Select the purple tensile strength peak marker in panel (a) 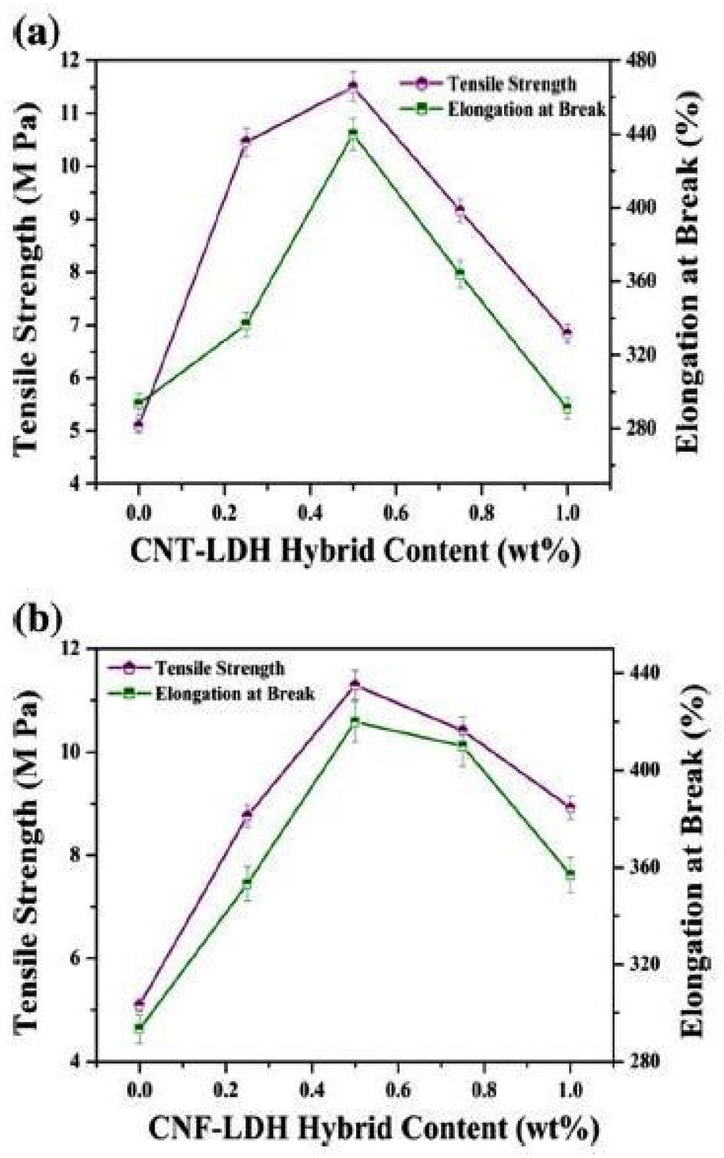(x=353, y=86)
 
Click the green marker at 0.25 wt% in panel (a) (x=246, y=323)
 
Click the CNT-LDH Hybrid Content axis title (x=355, y=551)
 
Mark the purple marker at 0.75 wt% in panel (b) (x=462, y=730)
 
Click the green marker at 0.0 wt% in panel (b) (x=139, y=1028)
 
